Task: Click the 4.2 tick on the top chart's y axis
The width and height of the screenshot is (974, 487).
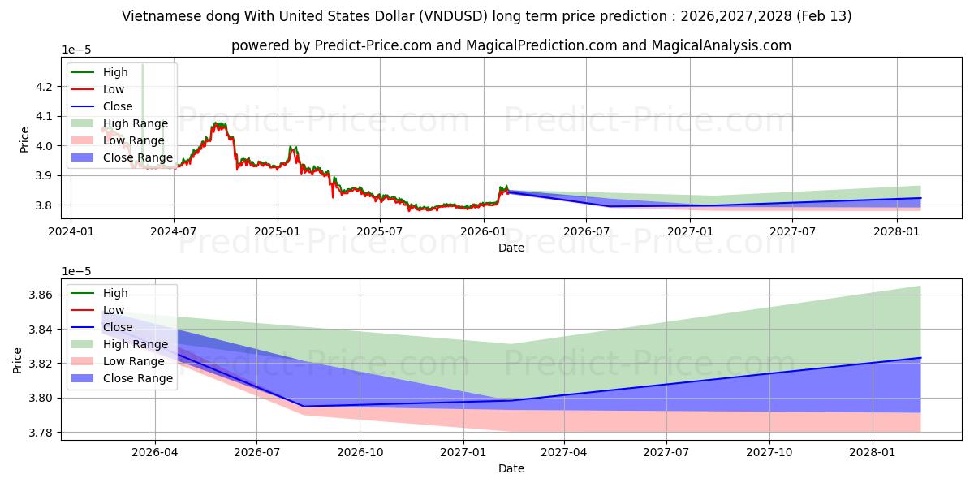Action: coord(44,87)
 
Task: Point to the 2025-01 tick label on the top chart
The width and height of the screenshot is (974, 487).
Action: coord(277,231)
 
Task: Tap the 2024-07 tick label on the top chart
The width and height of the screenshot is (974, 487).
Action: coord(174,231)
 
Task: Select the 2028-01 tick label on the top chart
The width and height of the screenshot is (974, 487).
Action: coord(897,231)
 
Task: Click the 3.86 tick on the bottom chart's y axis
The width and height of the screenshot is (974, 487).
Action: coord(40,295)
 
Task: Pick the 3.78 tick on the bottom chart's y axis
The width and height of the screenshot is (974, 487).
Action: coord(40,433)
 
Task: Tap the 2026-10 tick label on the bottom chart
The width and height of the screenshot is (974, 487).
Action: coord(360,453)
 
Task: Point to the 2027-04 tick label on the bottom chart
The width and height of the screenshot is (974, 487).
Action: coord(563,453)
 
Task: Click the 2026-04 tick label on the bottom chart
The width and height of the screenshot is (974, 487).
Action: coord(155,453)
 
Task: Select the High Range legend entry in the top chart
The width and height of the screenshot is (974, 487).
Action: coord(119,123)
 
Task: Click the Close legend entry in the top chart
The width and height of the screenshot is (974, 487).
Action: coord(101,106)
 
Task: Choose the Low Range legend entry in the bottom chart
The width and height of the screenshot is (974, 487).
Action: coord(118,361)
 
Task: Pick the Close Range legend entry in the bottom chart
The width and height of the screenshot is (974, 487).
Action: coord(122,378)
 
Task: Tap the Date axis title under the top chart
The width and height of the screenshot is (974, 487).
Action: coord(511,248)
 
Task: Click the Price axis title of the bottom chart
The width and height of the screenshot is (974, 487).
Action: coord(17,360)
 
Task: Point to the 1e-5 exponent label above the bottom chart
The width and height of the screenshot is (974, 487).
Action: coord(76,271)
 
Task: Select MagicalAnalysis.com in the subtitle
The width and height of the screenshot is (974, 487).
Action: coord(722,45)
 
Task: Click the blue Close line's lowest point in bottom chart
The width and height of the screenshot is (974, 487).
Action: coord(304,407)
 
